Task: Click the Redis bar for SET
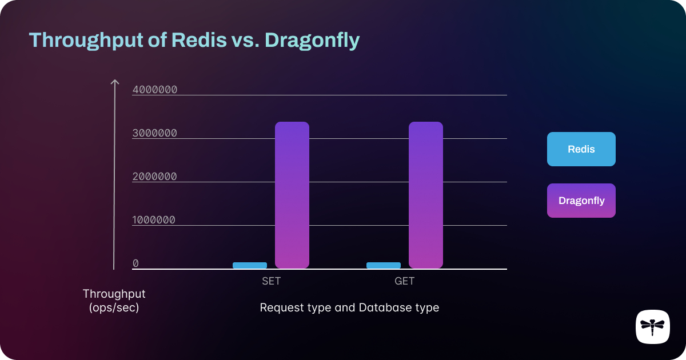[x=250, y=265]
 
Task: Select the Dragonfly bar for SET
[x=292, y=195]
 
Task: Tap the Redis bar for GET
[x=384, y=265]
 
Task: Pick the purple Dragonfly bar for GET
[x=426, y=195]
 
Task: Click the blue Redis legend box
[x=581, y=149]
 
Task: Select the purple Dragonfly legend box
[x=581, y=201]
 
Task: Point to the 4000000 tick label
[x=154, y=90]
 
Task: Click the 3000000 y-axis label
[x=154, y=133]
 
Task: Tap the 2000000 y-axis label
[x=154, y=177]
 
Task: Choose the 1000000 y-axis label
[x=154, y=220]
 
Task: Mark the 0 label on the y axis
[x=135, y=263]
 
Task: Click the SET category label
[x=271, y=281]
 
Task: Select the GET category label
[x=404, y=281]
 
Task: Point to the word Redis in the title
[x=196, y=41]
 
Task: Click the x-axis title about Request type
[x=349, y=307]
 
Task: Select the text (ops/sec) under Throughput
[x=114, y=307]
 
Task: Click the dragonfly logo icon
[x=652, y=327]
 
